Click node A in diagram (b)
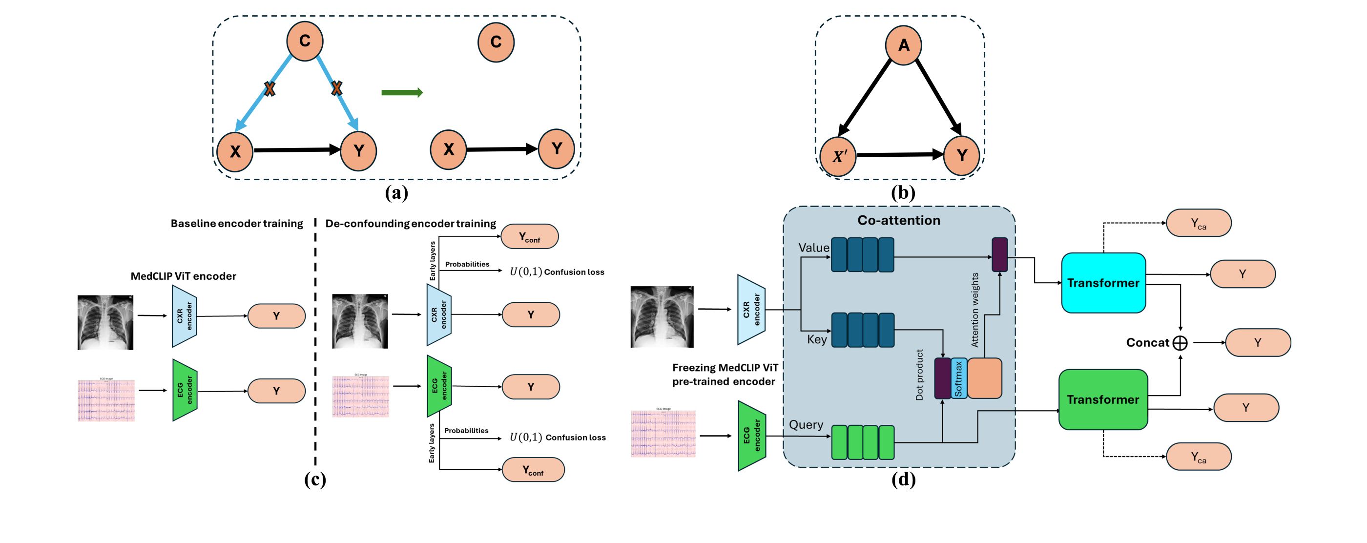(x=903, y=45)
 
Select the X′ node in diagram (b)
(x=838, y=157)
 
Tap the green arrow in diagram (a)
(x=402, y=93)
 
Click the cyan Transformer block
(x=1103, y=283)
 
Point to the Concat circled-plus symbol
(x=1180, y=343)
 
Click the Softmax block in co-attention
(x=959, y=378)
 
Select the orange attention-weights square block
(x=984, y=378)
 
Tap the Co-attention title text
(x=898, y=220)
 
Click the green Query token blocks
(x=862, y=442)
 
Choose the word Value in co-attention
(x=813, y=248)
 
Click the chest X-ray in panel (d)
(x=662, y=317)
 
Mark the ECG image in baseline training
(x=106, y=400)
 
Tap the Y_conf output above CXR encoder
(x=530, y=237)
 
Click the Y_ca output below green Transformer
(x=1198, y=457)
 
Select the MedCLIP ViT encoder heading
(x=183, y=276)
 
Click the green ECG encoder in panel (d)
(x=751, y=436)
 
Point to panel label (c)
(x=315, y=480)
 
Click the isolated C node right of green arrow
(x=496, y=42)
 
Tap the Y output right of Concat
(x=1258, y=343)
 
